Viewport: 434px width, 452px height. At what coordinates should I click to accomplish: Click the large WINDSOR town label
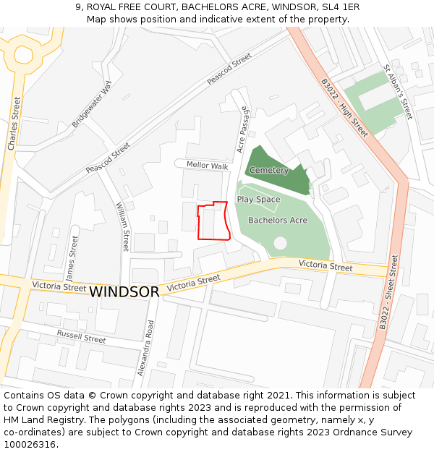pyautogui.click(x=124, y=292)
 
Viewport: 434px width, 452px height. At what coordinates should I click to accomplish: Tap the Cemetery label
pyautogui.click(x=268, y=171)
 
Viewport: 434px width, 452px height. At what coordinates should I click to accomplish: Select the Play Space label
pyautogui.click(x=258, y=200)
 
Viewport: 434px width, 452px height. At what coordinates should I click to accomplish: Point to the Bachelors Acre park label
pyautogui.click(x=278, y=220)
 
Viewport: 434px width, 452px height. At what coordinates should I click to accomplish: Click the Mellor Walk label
pyautogui.click(x=207, y=166)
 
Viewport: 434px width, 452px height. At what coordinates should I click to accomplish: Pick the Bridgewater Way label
pyautogui.click(x=92, y=105)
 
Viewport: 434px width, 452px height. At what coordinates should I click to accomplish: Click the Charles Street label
pyautogui.click(x=14, y=124)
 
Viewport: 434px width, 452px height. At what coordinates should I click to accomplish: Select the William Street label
pyautogui.click(x=123, y=226)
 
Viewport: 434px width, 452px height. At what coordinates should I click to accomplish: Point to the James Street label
pyautogui.click(x=72, y=258)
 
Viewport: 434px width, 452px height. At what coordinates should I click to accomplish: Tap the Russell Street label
pyautogui.click(x=81, y=336)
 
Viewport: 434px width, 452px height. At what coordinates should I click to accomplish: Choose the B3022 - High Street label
pyautogui.click(x=345, y=108)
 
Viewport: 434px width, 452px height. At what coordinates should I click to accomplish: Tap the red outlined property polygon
pyautogui.click(x=214, y=221)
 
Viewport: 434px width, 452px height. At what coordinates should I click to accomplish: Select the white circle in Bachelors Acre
pyautogui.click(x=280, y=244)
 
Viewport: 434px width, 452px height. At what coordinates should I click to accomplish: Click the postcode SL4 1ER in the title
pyautogui.click(x=340, y=7)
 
